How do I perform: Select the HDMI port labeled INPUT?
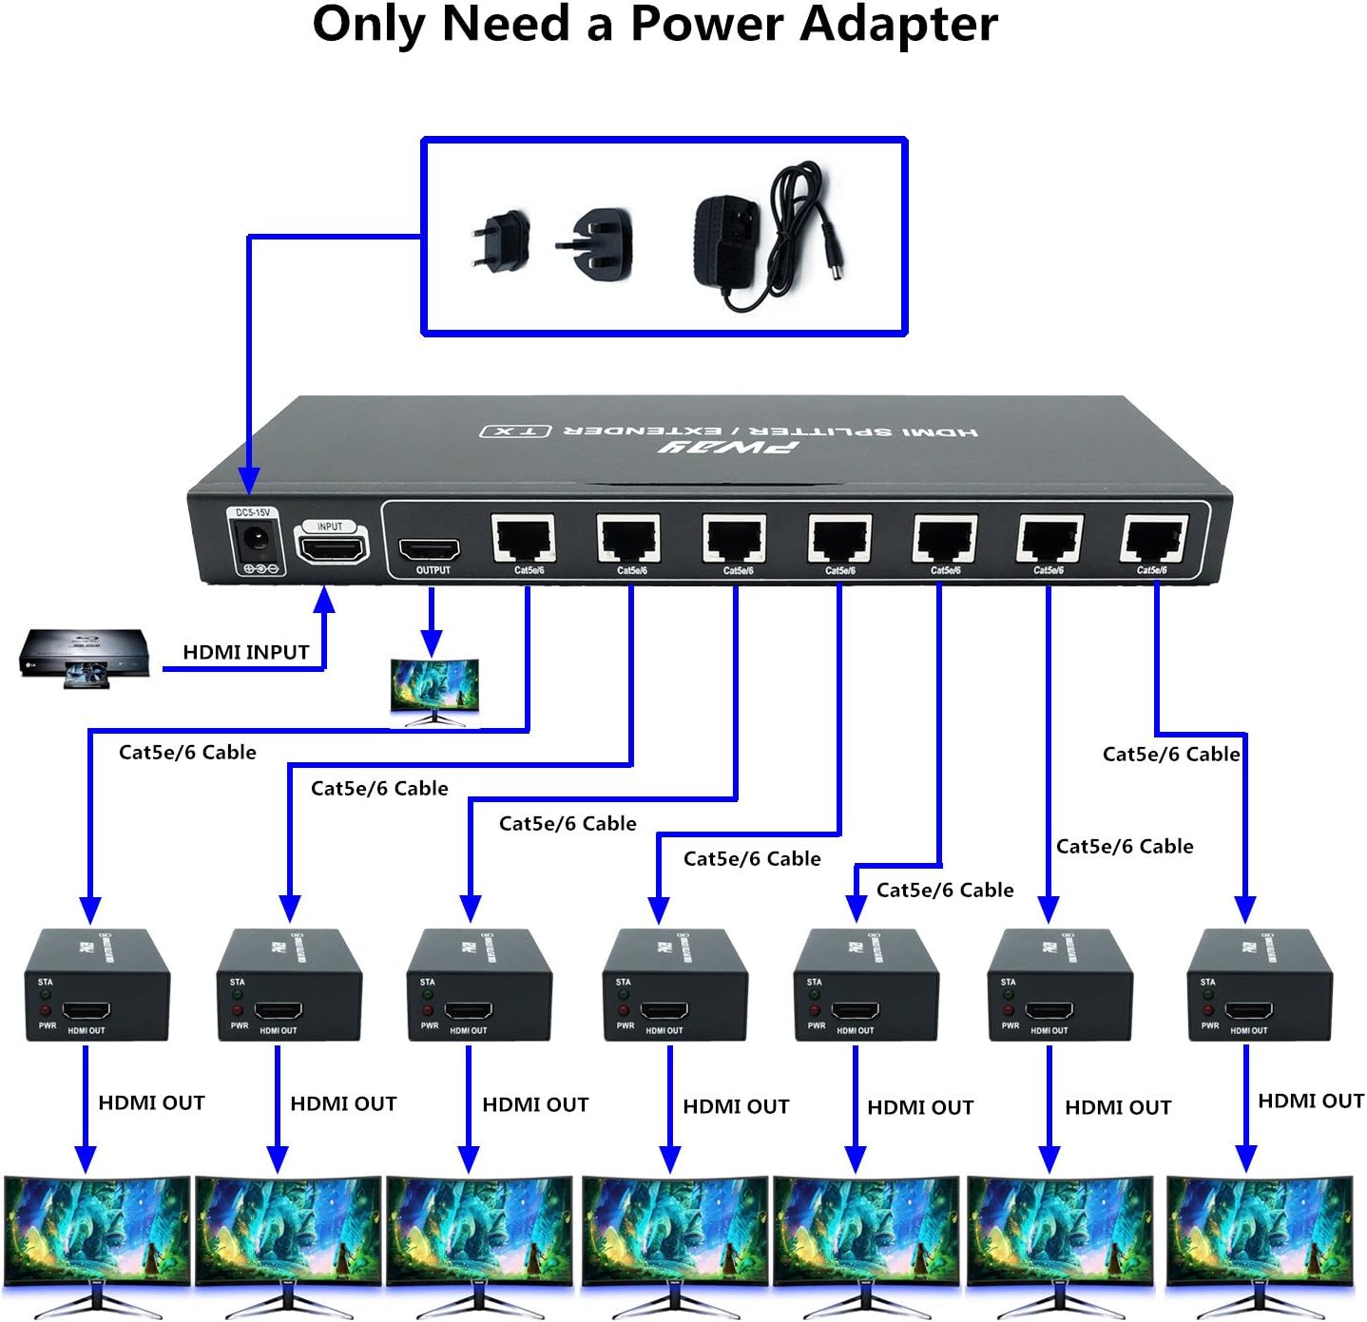coord(332,549)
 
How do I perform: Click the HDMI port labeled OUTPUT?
coord(429,550)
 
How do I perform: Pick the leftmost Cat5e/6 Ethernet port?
coord(524,540)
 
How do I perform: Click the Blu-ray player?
coord(85,655)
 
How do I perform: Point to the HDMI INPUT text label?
coord(245,652)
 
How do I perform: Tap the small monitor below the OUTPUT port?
coord(434,688)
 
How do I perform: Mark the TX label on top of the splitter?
coord(515,431)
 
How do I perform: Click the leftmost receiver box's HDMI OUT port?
coord(87,1011)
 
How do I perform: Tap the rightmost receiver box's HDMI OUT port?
coord(1248,1011)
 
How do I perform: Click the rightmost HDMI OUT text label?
coord(1310,1101)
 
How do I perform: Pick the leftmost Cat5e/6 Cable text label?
coord(187,753)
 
